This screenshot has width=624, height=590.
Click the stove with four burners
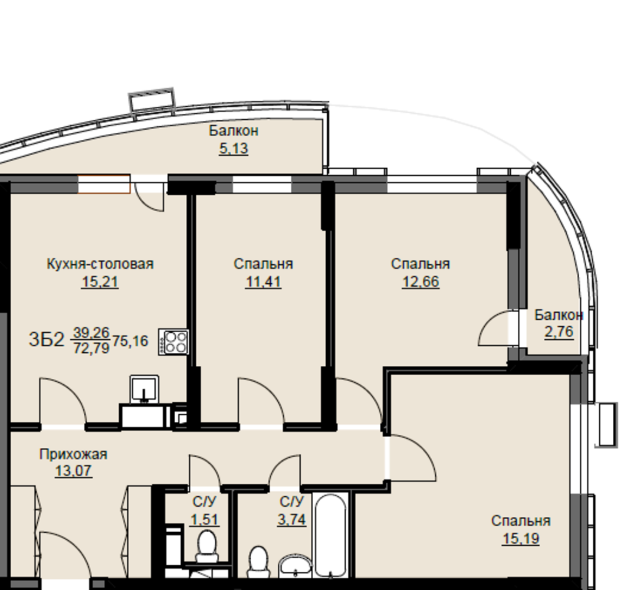173,342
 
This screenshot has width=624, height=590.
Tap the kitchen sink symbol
144,389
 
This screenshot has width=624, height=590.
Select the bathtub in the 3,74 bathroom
331,536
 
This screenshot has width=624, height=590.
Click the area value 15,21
100,282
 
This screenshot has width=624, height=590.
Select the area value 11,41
263,282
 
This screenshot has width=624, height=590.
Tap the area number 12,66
421,282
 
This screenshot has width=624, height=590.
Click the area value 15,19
521,539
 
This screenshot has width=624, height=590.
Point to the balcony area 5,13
234,149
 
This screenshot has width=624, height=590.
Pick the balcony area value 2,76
559,332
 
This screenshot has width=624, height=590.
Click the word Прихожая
73,454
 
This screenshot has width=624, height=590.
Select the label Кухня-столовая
100,264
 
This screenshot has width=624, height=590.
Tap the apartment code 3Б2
46,340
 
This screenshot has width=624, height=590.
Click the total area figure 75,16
130,341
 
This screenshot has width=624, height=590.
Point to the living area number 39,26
91,332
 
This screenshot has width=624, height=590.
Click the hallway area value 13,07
74,471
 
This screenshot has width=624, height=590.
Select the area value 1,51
205,520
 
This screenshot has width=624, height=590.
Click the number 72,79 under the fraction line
91,348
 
